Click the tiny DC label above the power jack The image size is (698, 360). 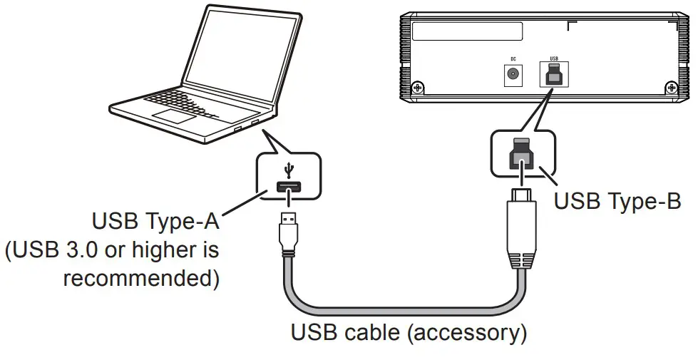pos(512,59)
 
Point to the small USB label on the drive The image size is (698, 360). pos(554,59)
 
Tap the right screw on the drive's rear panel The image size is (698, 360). pos(671,88)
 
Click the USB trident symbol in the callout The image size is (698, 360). pos(289,171)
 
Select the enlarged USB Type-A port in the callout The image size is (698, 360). pos(288,189)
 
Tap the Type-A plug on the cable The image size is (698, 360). pos(289,228)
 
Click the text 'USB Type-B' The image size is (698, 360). pos(617,201)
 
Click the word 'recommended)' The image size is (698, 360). pos(141,278)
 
